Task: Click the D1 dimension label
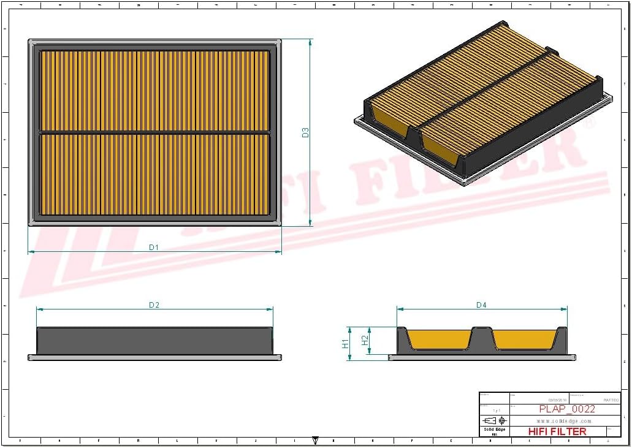(154, 247)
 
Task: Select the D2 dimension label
(154, 305)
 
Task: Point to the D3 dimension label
(305, 132)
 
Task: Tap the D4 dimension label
(481, 305)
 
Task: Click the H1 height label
(346, 343)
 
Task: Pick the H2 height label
(365, 340)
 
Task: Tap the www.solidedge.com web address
(564, 421)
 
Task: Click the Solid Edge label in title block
(494, 429)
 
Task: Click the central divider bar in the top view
(154, 132)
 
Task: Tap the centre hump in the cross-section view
(482, 338)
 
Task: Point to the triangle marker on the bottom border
(315, 440)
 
